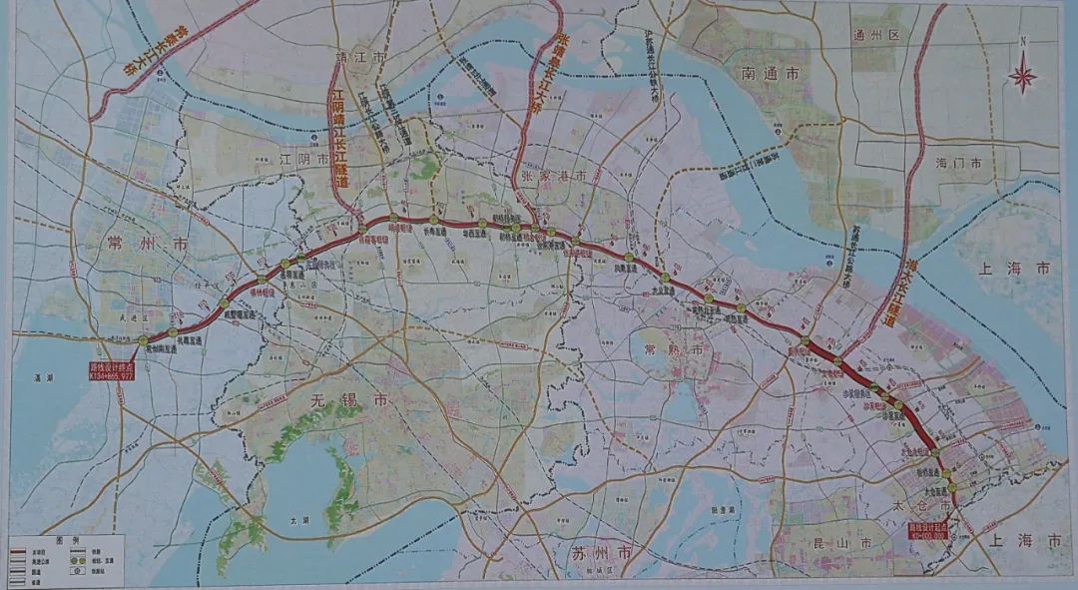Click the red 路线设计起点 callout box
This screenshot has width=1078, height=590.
932,528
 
